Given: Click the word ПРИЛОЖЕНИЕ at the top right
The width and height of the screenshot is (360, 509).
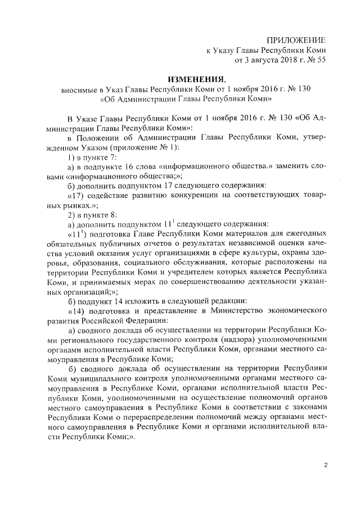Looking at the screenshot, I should click(296, 40).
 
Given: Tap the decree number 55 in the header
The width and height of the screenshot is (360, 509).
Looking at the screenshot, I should click(321, 60).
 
